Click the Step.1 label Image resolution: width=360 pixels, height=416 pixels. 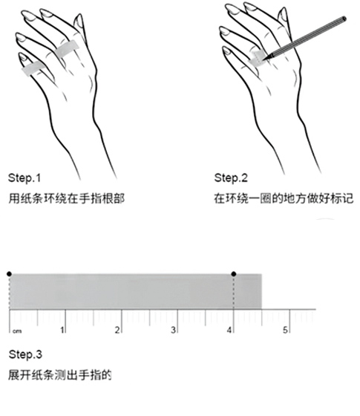tap(24, 178)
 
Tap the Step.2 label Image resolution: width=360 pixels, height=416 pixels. tap(231, 178)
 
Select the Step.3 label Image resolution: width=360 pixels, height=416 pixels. tap(25, 354)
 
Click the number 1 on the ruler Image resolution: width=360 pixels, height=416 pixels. tap(62, 330)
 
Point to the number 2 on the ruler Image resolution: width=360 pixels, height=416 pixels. tap(117, 330)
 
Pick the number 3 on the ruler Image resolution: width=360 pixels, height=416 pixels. tap(174, 330)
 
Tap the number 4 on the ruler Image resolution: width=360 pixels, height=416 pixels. tap(229, 330)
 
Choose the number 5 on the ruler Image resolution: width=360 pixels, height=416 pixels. tap(285, 330)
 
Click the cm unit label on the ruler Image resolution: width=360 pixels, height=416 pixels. tap(17, 331)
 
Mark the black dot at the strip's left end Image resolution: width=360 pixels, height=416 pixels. tap(9, 274)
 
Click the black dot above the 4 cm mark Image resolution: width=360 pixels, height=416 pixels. tap(234, 274)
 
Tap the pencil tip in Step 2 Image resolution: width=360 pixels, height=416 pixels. tap(264, 59)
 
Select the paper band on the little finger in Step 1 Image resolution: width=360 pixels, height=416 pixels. tap(33, 69)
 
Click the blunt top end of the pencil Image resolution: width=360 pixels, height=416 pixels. tap(344, 19)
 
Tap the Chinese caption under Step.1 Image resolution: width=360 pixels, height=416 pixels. tap(66, 198)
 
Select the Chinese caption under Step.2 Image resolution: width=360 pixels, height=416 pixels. tap(284, 198)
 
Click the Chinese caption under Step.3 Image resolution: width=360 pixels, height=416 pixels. tap(59, 375)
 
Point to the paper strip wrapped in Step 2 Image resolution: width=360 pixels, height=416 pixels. tap(257, 59)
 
